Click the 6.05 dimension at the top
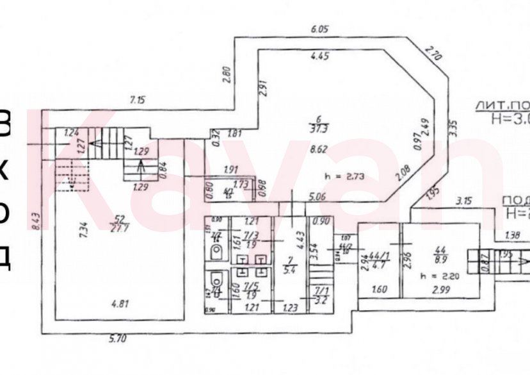[x=319, y=29]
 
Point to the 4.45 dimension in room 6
[x=319, y=57]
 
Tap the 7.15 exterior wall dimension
[x=138, y=99]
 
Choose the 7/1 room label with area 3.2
[x=321, y=294]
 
